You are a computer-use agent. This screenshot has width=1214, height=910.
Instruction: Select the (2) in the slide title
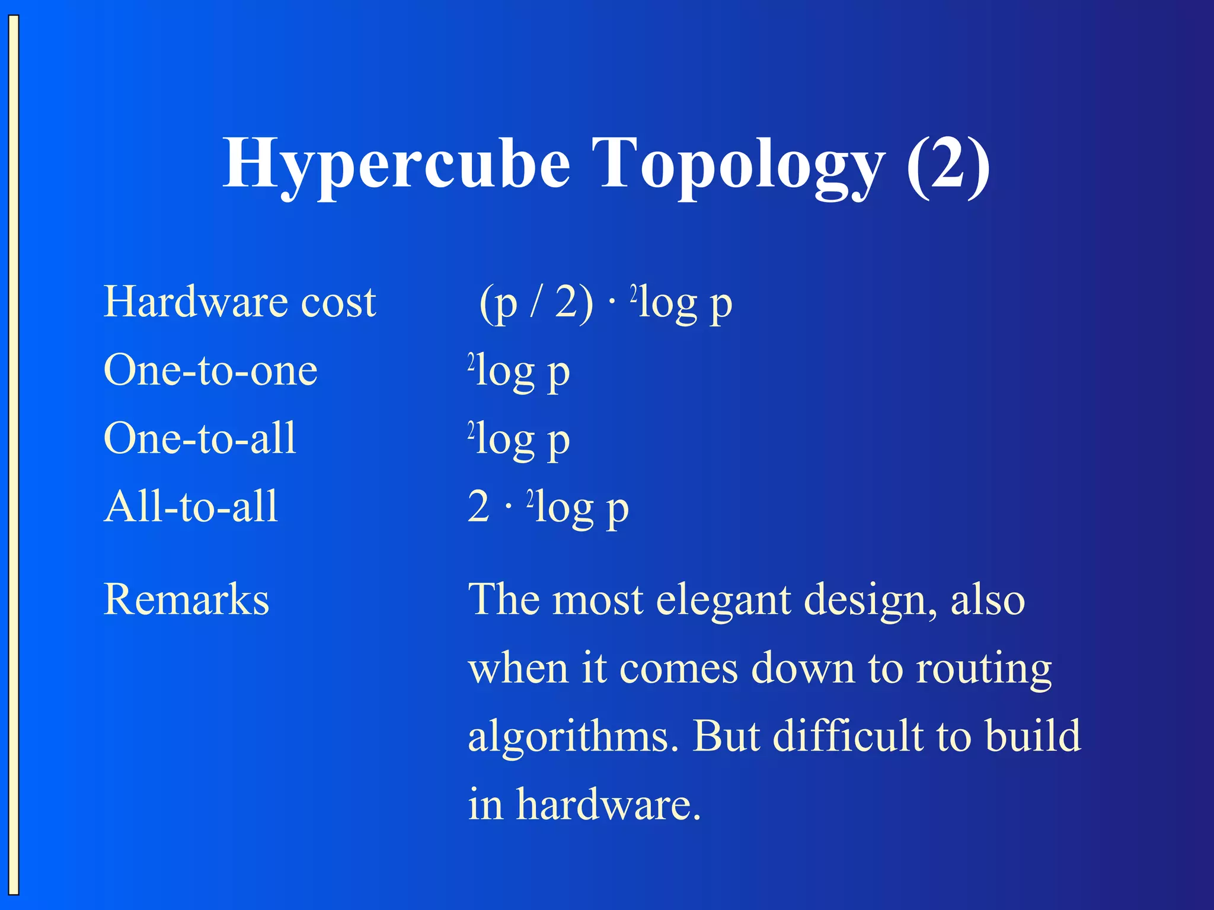[948, 163]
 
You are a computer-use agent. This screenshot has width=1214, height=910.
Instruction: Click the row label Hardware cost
[239, 302]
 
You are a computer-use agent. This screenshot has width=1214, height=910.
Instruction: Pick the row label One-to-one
[210, 370]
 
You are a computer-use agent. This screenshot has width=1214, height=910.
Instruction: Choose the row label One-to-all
[200, 438]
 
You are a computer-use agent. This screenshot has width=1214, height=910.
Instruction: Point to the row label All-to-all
[191, 507]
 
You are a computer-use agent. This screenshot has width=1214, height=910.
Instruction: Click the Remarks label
[186, 599]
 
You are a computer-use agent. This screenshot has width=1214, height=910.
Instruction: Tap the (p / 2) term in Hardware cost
[536, 303]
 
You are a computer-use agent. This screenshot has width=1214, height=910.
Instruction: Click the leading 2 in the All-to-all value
[478, 507]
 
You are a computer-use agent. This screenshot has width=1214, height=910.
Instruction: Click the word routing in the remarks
[983, 669]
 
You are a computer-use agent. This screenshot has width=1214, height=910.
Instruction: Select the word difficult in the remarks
[848, 736]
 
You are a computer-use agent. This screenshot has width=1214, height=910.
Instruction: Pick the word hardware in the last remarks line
[608, 805]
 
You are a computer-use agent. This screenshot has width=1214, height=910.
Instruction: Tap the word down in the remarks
[803, 669]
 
